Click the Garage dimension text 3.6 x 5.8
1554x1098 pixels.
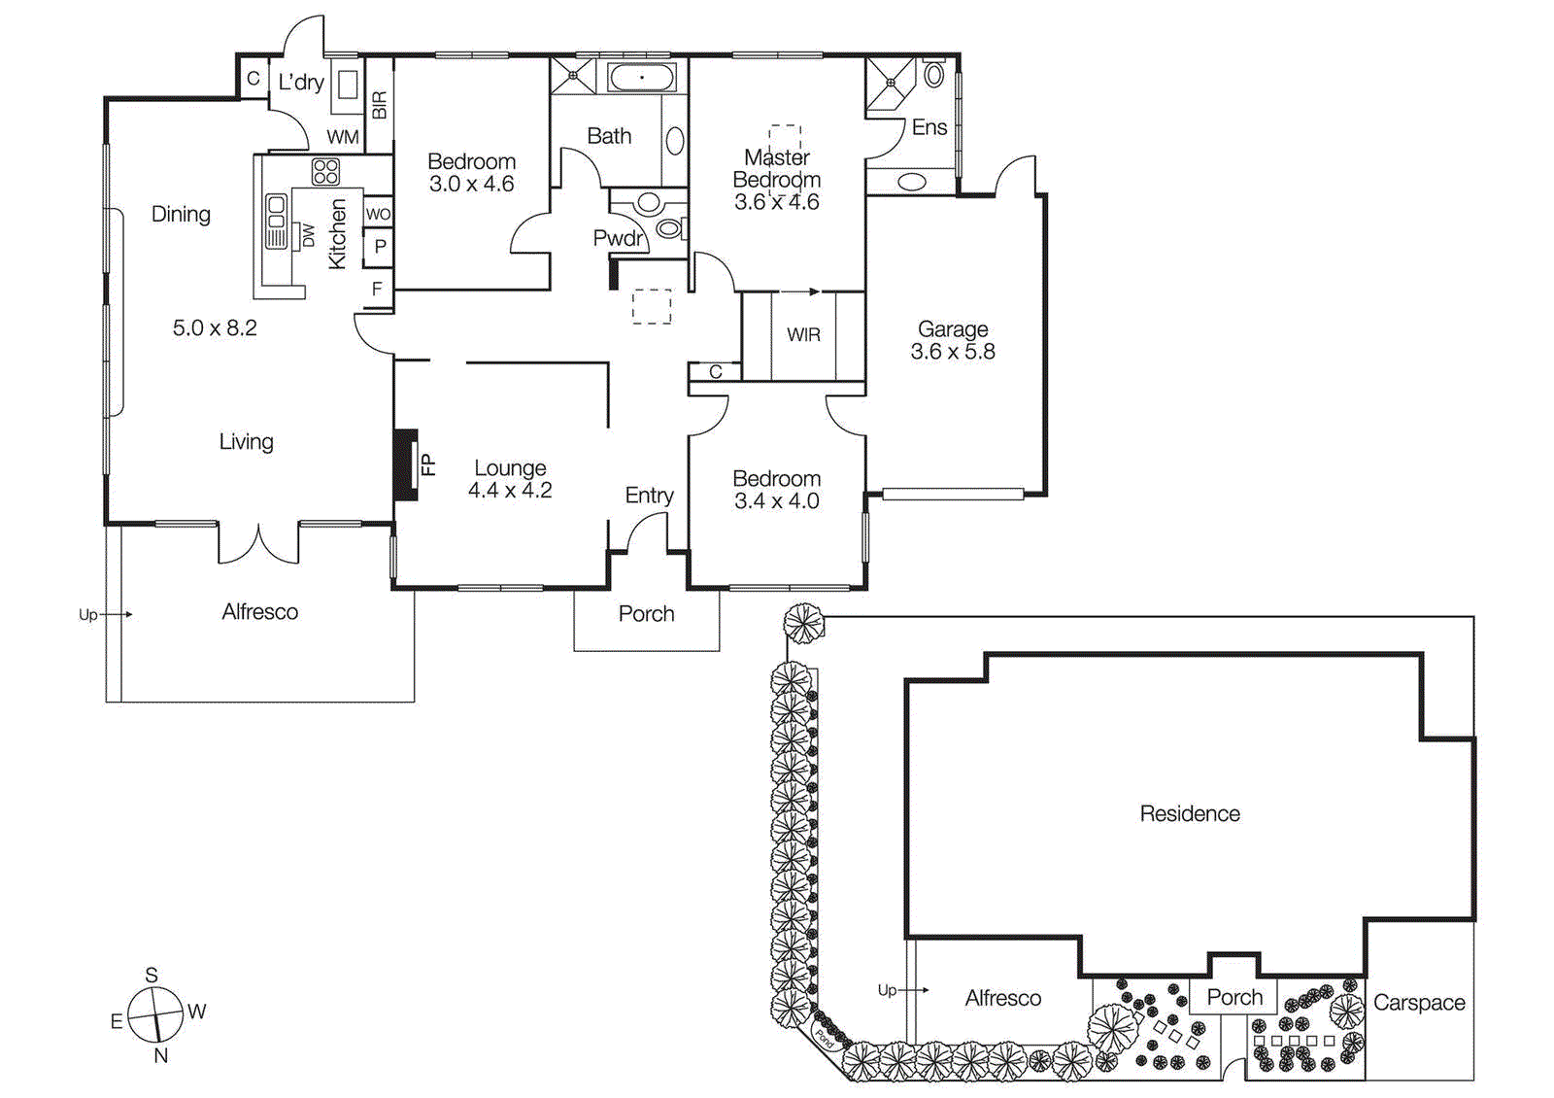(952, 352)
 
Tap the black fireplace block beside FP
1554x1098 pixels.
(404, 464)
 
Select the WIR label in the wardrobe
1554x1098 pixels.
(803, 334)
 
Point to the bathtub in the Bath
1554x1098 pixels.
(641, 77)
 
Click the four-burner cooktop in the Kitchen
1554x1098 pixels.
(325, 172)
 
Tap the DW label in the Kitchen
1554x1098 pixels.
(308, 235)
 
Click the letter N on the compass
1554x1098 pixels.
(161, 1055)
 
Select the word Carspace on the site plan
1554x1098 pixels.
(1418, 1003)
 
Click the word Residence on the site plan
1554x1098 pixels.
(1189, 814)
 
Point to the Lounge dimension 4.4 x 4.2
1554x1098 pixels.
(509, 491)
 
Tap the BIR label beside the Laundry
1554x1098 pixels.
(379, 105)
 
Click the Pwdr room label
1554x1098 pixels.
(618, 238)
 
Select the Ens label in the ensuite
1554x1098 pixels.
(929, 127)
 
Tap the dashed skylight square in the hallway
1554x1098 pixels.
(651, 306)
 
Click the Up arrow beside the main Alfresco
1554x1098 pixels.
(115, 614)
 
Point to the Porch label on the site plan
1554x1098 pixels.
(1233, 997)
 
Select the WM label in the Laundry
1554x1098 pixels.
(342, 137)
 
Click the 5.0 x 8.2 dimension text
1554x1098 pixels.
(215, 328)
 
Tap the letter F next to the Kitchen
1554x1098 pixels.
(377, 289)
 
